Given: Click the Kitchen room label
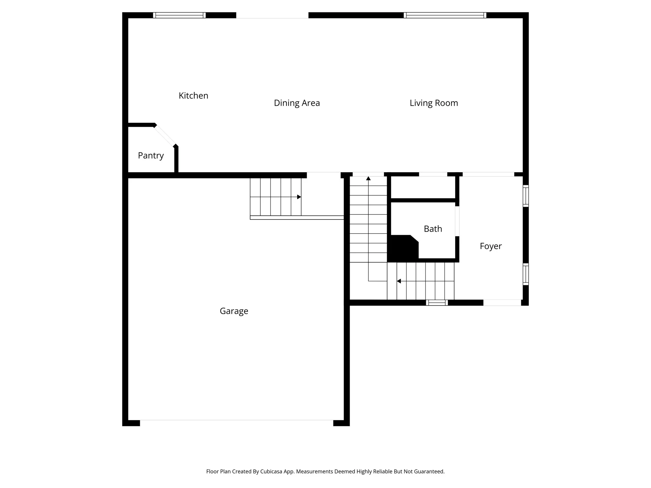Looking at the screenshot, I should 193,96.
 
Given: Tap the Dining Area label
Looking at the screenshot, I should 297,103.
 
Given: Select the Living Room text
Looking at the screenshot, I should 434,103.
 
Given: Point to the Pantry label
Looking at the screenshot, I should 151,155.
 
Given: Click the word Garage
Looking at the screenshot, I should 234,311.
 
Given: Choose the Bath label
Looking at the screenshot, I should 433,229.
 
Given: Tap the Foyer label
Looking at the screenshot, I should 490,246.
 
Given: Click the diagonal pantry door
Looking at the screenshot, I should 165,136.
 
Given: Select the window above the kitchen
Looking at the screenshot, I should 179,15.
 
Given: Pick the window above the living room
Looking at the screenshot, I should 445,15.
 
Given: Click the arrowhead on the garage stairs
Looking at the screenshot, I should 299,197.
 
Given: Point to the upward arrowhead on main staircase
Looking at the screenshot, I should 368,179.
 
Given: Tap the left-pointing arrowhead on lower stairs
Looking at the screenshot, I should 399,281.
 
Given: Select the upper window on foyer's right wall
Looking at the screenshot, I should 526,196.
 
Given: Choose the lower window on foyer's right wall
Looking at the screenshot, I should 526,274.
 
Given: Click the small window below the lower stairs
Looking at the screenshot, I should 437,303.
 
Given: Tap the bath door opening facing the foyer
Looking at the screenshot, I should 457,221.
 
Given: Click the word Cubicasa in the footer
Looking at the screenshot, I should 272,471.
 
